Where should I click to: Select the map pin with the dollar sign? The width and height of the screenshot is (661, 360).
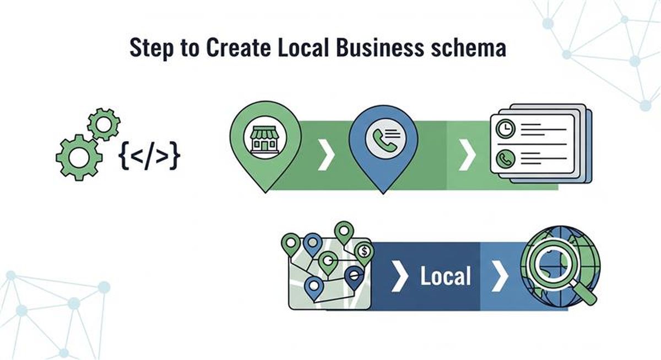tap(364, 252)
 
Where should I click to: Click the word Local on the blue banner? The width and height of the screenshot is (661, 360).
tap(446, 276)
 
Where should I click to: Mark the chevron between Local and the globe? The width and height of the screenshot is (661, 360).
tap(500, 276)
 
